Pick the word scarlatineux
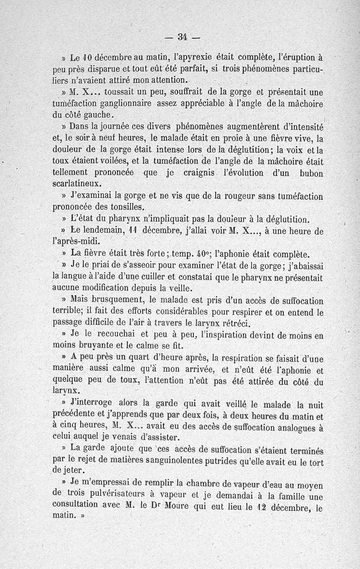(x=77, y=184)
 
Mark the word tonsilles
(x=124, y=207)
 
